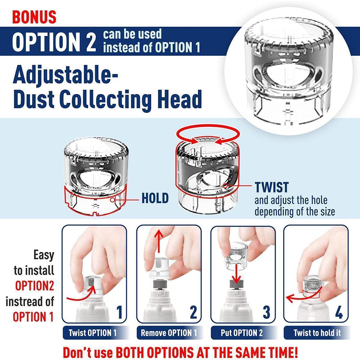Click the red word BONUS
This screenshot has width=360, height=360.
click(34, 17)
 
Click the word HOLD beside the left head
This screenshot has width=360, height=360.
click(155, 198)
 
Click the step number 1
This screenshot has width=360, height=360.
click(119, 312)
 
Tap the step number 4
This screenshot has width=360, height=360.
click(339, 312)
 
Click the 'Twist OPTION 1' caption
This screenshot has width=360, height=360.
click(92, 333)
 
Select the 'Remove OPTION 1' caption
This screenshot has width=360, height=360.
click(169, 333)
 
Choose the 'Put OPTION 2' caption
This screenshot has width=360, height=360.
click(242, 333)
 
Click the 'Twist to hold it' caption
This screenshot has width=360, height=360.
click(317, 333)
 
